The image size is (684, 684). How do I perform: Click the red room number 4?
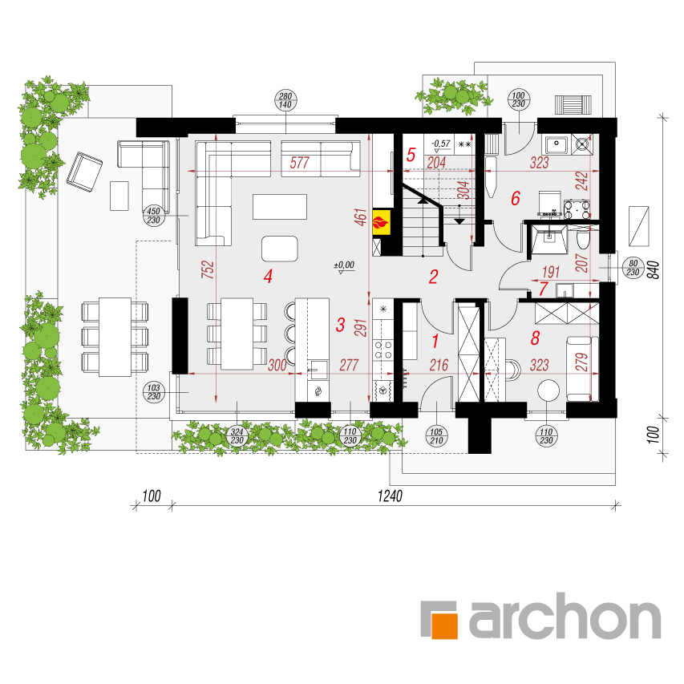[x=268, y=276]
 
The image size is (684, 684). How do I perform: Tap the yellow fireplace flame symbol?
[x=381, y=222]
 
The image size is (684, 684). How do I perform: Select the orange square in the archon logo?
[x=444, y=625]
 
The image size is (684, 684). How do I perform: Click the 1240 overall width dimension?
[x=390, y=496]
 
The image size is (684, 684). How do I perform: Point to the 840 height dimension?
[x=653, y=270]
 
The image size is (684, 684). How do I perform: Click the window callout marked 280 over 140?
[x=285, y=100]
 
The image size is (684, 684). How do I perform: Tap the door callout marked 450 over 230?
[x=153, y=216]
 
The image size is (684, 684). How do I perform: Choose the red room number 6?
[x=516, y=198]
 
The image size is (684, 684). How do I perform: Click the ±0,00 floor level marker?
[x=344, y=265]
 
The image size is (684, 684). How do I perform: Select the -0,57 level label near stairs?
[x=440, y=144]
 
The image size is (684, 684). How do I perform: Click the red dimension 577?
[x=300, y=163]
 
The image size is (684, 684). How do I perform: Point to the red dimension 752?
[x=208, y=269]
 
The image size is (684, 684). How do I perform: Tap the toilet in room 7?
[x=583, y=240]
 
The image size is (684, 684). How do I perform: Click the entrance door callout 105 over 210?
[x=436, y=436]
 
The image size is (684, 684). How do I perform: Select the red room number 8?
[x=535, y=338]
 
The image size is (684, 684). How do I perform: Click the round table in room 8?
[x=548, y=391]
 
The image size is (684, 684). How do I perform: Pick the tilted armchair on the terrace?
[x=85, y=172]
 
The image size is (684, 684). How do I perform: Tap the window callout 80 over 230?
[x=633, y=268]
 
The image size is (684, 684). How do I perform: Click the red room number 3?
[x=340, y=325]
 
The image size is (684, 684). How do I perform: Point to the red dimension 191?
[x=551, y=272]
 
